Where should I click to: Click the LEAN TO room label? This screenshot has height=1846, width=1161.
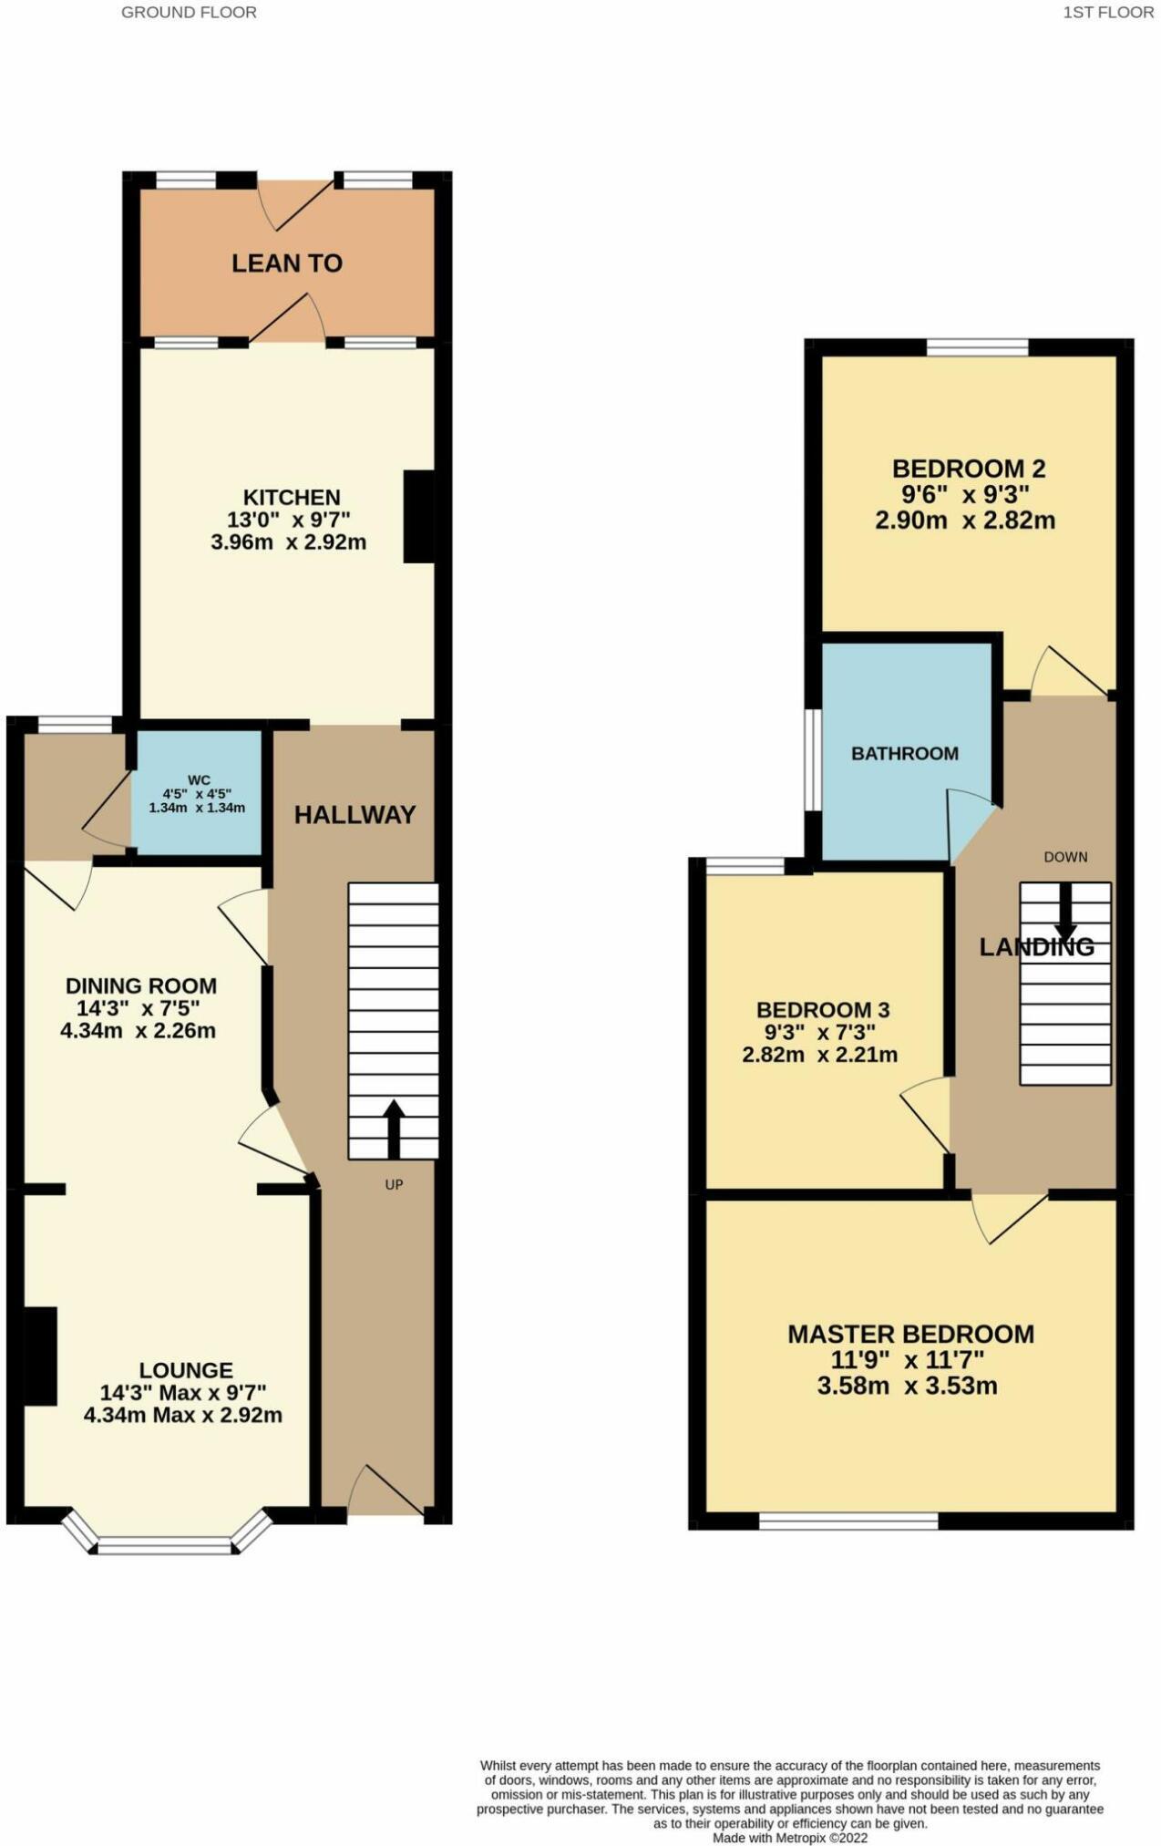coord(286,263)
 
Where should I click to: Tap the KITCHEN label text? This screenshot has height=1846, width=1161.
coord(292,498)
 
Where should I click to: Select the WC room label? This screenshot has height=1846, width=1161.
coord(199,780)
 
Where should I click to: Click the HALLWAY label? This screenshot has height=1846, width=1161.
coord(354,815)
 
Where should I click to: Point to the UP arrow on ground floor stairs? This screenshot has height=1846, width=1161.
coord(393,1129)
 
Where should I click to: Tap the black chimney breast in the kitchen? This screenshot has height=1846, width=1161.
coord(418,517)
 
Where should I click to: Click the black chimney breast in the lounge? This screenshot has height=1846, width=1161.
coord(39,1356)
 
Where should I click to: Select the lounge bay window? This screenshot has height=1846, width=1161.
coord(165,1545)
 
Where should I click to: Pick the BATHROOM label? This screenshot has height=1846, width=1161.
coord(904,754)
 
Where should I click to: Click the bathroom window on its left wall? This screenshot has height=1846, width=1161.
coord(811,758)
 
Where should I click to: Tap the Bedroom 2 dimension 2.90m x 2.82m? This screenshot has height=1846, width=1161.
coord(965,521)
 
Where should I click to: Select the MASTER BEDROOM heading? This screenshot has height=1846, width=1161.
coord(910,1335)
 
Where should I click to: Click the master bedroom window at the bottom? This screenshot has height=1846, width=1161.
coord(848,1521)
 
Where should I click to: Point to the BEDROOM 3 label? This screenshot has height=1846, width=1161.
coord(823,1010)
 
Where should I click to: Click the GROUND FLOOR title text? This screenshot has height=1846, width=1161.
coord(189,13)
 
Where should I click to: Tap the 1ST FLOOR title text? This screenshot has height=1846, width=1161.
coord(1107,13)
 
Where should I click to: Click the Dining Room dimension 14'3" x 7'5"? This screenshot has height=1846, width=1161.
coord(138,1008)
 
